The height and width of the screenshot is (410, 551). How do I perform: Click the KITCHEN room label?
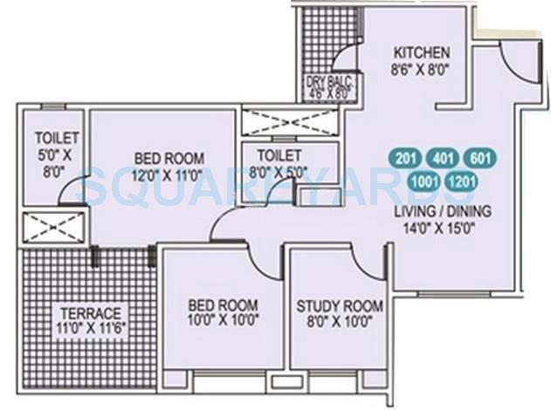421,51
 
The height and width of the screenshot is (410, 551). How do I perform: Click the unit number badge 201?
404,159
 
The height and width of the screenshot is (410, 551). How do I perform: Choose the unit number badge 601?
479,159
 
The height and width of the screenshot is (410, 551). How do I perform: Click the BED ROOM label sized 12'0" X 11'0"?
169,158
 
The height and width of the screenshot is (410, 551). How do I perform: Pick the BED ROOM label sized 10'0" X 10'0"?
223,305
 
